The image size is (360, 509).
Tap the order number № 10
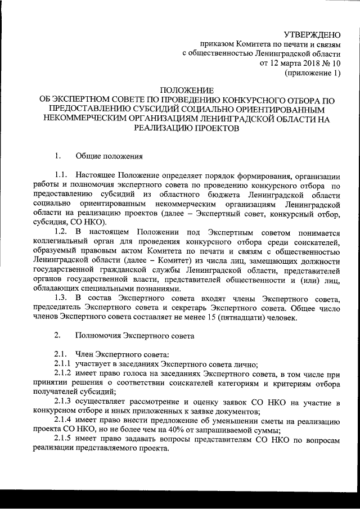[330, 63]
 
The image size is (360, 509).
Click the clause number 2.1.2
[64, 374]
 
